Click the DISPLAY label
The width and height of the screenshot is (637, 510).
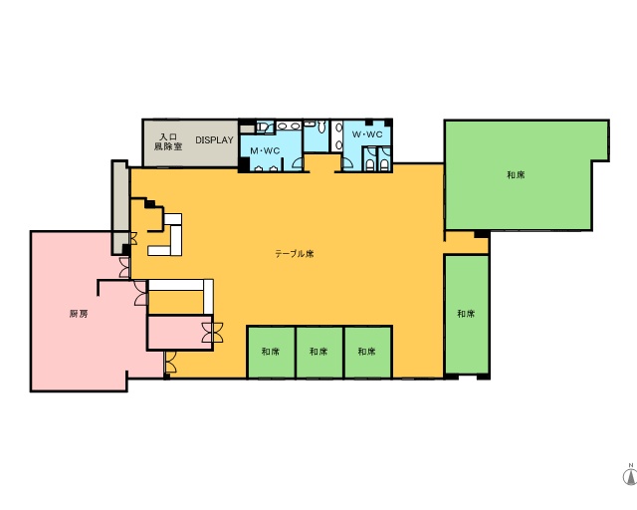[214, 139]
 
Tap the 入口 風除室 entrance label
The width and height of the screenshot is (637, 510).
[168, 141]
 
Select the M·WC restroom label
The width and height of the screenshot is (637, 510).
[265, 150]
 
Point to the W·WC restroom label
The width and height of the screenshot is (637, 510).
[367, 134]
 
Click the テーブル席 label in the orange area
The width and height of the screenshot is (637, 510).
[295, 254]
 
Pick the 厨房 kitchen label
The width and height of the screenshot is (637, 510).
[79, 314]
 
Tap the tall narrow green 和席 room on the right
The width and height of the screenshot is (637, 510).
[467, 314]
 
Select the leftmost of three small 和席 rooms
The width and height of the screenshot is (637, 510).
[271, 352]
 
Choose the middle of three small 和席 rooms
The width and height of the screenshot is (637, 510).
[319, 352]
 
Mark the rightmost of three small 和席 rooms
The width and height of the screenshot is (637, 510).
[367, 352]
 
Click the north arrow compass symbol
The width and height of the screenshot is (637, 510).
[630, 474]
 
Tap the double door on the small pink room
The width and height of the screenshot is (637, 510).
[212, 332]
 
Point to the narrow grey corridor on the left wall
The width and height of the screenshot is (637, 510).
[119, 207]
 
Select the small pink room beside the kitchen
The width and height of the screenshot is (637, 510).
[179, 332]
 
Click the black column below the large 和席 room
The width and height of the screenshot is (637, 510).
[482, 234]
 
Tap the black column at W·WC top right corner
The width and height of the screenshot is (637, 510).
[388, 123]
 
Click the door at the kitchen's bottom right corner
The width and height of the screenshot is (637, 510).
[170, 363]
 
